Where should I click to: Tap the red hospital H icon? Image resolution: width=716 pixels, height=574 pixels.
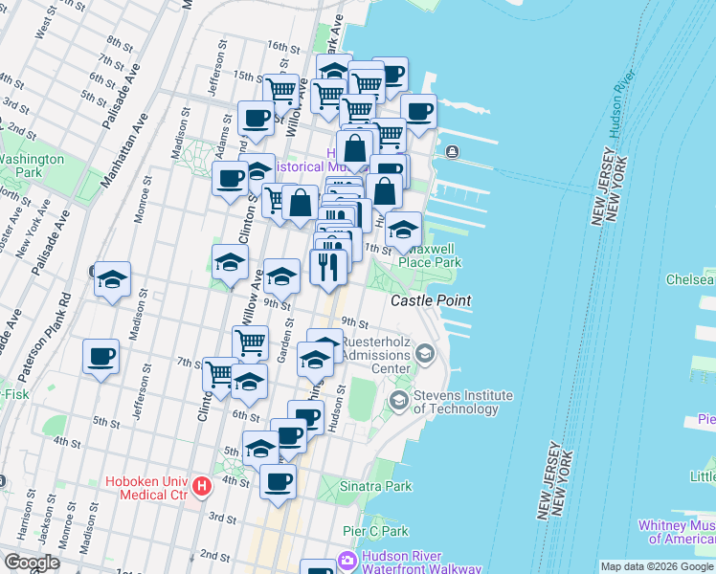(x=201, y=487)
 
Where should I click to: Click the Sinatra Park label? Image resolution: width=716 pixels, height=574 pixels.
(x=377, y=486)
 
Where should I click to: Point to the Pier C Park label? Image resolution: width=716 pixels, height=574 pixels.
(x=375, y=531)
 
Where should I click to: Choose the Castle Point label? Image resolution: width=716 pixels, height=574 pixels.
(x=431, y=300)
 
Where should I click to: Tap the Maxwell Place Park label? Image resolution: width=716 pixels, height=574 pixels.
(x=430, y=255)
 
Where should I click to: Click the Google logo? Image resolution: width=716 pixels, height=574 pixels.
(x=31, y=563)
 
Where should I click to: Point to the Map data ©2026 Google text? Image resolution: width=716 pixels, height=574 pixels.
(x=657, y=566)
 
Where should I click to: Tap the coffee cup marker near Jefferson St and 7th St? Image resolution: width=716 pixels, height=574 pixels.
(x=101, y=358)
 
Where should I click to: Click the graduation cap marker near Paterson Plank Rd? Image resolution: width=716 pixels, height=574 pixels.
(x=112, y=279)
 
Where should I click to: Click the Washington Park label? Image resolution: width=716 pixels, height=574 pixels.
(x=32, y=166)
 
